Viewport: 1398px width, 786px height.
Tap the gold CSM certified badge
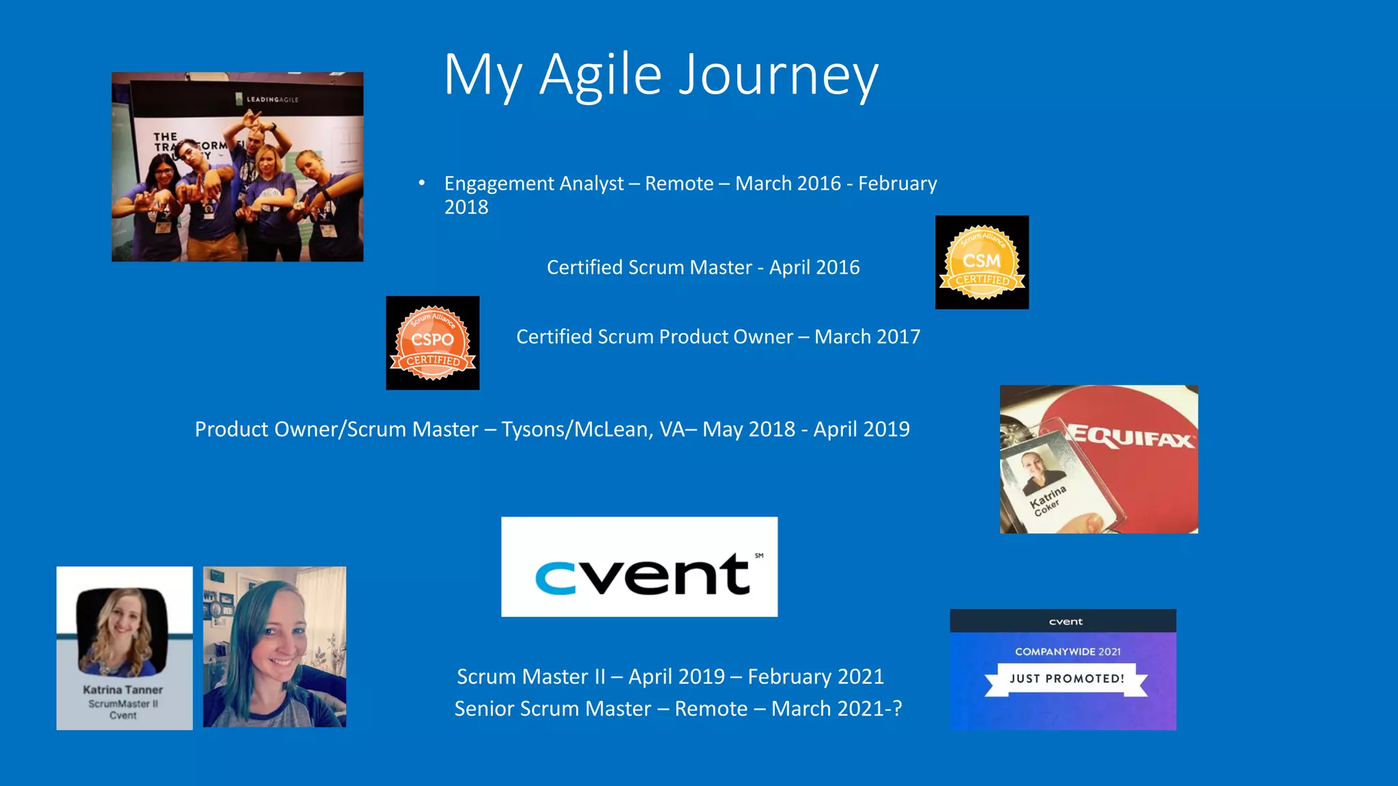click(982, 263)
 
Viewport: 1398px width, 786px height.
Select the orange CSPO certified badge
click(432, 343)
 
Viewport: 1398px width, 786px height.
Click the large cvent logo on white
click(640, 568)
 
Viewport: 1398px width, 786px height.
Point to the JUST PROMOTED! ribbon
click(1066, 679)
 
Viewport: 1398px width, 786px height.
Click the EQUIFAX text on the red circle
click(1130, 437)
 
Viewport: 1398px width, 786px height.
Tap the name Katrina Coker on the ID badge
click(1047, 500)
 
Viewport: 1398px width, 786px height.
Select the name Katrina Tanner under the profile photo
click(123, 690)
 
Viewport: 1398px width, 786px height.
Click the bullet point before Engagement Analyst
click(422, 183)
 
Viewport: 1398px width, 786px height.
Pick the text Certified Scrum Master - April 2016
click(703, 267)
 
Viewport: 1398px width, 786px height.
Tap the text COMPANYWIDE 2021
click(1068, 652)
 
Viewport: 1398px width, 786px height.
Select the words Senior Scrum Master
click(553, 709)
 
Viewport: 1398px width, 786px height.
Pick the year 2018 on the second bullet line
click(466, 207)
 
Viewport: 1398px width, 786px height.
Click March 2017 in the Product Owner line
click(867, 337)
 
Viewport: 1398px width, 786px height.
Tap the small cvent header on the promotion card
click(1065, 622)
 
